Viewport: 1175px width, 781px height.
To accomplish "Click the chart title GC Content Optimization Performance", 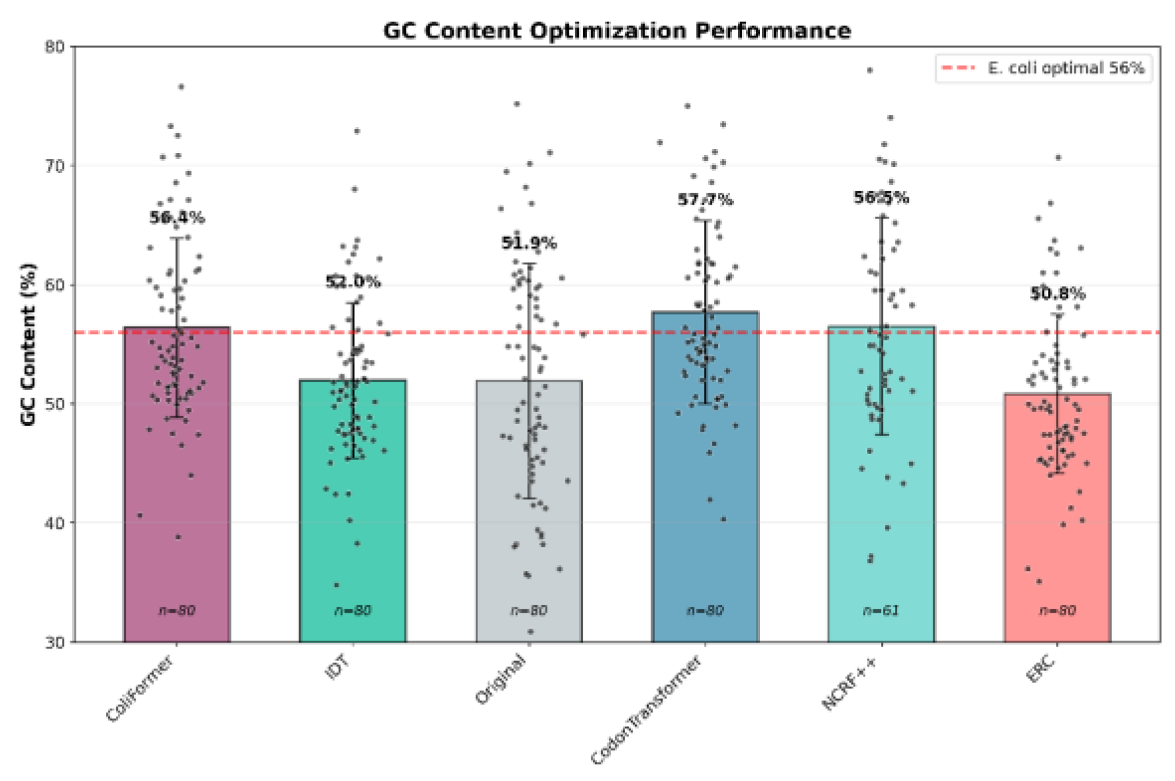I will pos(617,31).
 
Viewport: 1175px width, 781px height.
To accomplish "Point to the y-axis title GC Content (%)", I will pos(28,344).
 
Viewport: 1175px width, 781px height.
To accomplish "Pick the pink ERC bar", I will pos(1057,517).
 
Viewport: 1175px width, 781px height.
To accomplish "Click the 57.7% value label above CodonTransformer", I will pos(705,199).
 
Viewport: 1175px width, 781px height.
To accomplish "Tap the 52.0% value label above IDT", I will pos(353,282).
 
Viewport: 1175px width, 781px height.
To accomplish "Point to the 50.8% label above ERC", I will pos(1057,293).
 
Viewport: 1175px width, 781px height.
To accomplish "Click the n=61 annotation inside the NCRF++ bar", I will pos(881,610).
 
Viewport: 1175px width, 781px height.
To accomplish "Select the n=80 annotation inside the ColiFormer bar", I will pos(177,610).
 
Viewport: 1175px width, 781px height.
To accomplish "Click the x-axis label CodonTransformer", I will pos(646,709).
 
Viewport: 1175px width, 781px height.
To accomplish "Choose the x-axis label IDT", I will pos(338,667).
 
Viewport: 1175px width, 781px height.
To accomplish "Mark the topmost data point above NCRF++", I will pos(870,70).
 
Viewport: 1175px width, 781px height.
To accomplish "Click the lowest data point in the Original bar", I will pos(530,632).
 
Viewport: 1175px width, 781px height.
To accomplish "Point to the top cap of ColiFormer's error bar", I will pos(177,238).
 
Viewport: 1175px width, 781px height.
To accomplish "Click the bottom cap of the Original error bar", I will pos(529,498).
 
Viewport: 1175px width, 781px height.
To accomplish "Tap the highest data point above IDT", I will pos(357,131).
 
